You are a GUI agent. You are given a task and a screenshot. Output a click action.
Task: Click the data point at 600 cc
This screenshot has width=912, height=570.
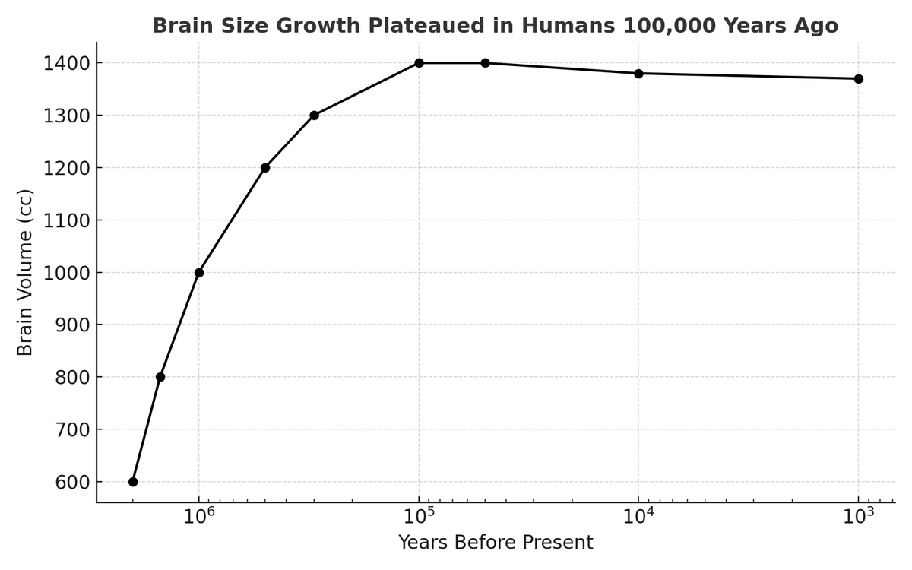pos(133,482)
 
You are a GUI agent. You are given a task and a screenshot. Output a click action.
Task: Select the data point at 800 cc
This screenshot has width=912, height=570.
pos(160,377)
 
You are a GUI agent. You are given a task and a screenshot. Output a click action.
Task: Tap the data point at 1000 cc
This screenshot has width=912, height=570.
pos(199,273)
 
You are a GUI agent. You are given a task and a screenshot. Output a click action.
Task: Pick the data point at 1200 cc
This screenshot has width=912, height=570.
pos(265,168)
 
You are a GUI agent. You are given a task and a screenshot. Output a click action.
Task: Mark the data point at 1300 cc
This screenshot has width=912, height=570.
pos(314,116)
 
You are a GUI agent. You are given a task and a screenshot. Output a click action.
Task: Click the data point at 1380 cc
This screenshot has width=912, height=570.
pos(638,74)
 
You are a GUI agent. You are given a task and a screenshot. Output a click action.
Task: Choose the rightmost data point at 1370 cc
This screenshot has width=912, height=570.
pos(858,79)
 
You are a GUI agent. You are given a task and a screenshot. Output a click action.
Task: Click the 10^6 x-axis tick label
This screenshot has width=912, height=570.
pos(200,517)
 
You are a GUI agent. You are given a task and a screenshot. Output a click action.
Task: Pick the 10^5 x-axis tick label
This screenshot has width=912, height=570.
pos(420,517)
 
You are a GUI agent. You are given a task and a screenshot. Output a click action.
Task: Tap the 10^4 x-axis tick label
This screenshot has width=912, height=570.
pos(639,517)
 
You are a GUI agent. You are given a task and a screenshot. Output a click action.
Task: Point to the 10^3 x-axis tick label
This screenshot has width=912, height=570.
pos(859,517)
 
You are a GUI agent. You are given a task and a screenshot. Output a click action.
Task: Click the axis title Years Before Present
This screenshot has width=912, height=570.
pos(496,543)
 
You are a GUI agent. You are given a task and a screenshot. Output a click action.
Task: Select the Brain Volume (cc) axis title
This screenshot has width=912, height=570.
pos(26,272)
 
